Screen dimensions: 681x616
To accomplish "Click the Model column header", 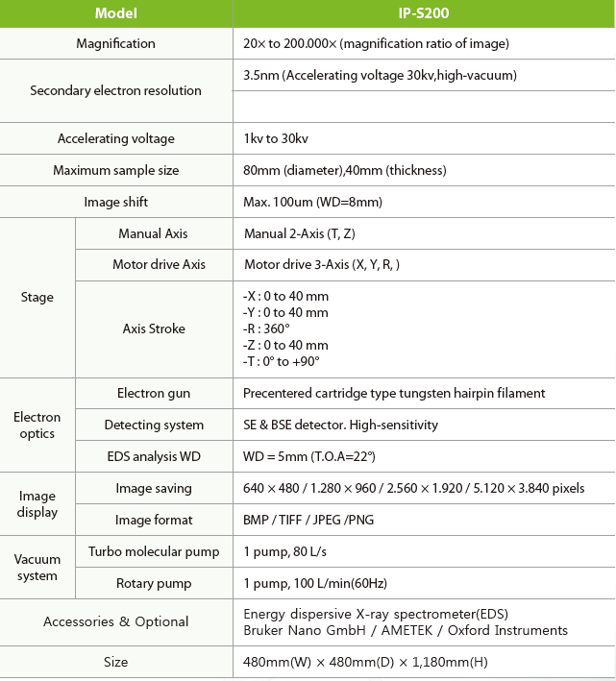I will click(116, 13).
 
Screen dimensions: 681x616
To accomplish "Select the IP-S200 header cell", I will click(423, 13).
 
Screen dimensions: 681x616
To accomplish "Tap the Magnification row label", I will click(116, 43).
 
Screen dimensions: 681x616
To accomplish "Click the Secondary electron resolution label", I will click(116, 90).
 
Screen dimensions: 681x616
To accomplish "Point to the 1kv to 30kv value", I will click(276, 138).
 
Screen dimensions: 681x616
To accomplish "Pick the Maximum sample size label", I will click(116, 170).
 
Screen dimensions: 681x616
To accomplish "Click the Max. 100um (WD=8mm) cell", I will click(313, 202).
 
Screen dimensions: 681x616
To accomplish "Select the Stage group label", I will click(37, 297).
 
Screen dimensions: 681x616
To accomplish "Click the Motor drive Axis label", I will click(154, 264).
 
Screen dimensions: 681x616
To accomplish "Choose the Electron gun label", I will click(154, 393).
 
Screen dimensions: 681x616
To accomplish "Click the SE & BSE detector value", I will click(340, 425).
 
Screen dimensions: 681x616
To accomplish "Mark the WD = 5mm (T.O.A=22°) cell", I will click(308, 456).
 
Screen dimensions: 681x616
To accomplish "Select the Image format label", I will click(154, 520).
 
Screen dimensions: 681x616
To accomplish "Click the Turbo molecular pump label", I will click(154, 551).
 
